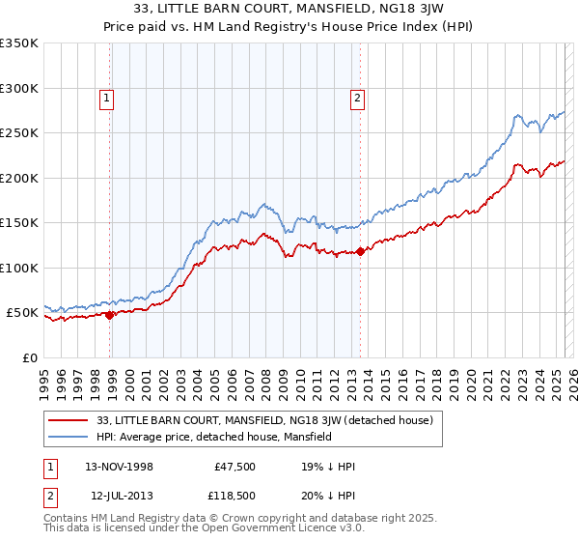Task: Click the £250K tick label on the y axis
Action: pyautogui.click(x=19, y=133)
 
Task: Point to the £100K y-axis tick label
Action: pyautogui.click(x=19, y=268)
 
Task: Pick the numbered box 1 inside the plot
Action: pyautogui.click(x=105, y=97)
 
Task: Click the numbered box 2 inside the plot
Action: pyautogui.click(x=357, y=97)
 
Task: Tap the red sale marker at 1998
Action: pyautogui.click(x=110, y=314)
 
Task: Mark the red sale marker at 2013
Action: pyautogui.click(x=360, y=251)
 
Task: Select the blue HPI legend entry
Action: pyautogui.click(x=213, y=437)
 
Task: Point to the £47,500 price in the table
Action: pyautogui.click(x=233, y=467)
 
